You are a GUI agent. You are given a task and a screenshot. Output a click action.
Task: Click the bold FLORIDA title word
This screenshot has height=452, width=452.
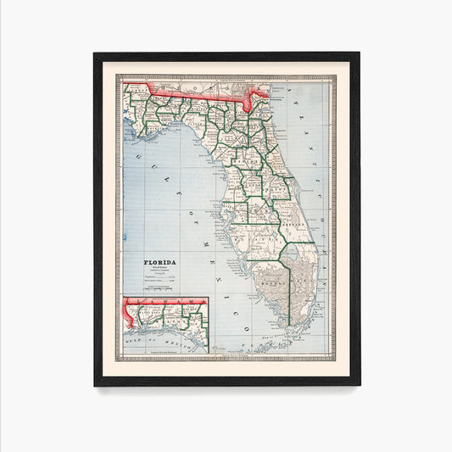click(159, 263)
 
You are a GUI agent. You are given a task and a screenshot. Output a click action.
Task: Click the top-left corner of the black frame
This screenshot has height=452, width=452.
click(95, 53)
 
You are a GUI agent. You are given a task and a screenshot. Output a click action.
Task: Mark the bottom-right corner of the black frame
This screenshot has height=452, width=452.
click(359, 385)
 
